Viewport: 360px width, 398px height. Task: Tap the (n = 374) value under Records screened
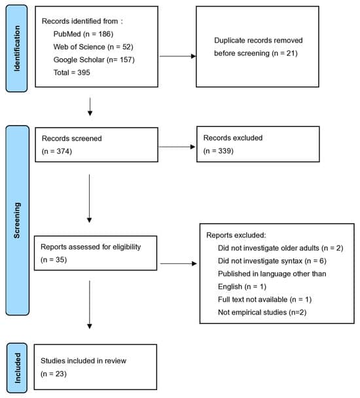[56, 151]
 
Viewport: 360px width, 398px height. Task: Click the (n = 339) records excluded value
[218, 151]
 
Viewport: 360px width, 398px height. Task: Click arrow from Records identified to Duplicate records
[177, 56]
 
